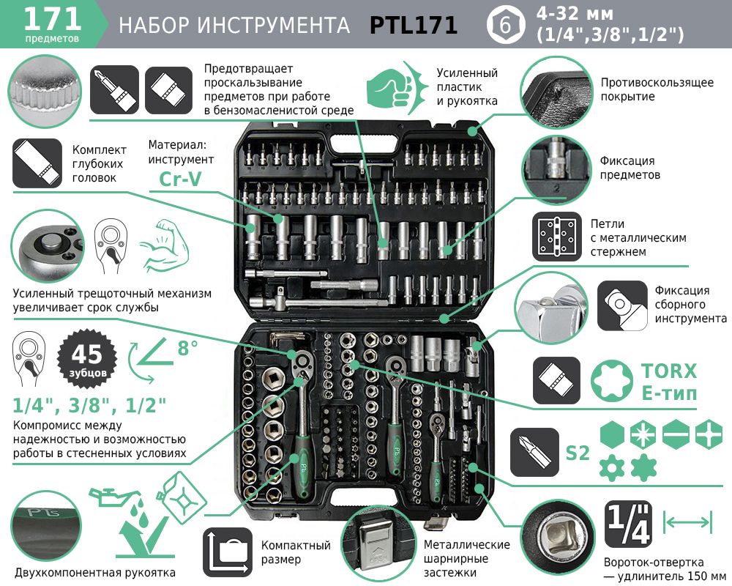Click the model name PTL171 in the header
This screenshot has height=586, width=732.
pyautogui.click(x=413, y=25)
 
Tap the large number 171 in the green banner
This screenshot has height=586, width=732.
pyautogui.click(x=52, y=19)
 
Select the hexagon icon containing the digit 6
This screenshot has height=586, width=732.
pyautogui.click(x=505, y=25)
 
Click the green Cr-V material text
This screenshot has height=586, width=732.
pyautogui.click(x=180, y=178)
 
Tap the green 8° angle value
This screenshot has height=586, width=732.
pyautogui.click(x=187, y=348)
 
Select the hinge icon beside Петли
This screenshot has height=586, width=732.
pyautogui.click(x=557, y=237)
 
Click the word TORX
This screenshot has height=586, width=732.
pyautogui.click(x=669, y=371)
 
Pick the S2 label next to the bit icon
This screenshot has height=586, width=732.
pyautogui.click(x=578, y=453)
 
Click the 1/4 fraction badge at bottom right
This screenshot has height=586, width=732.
pyautogui.click(x=628, y=524)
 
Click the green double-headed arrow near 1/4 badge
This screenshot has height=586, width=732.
pyautogui.click(x=687, y=522)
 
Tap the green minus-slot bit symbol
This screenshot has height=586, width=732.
pyautogui.click(x=676, y=434)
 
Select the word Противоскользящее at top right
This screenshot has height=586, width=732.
pyautogui.click(x=657, y=83)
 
